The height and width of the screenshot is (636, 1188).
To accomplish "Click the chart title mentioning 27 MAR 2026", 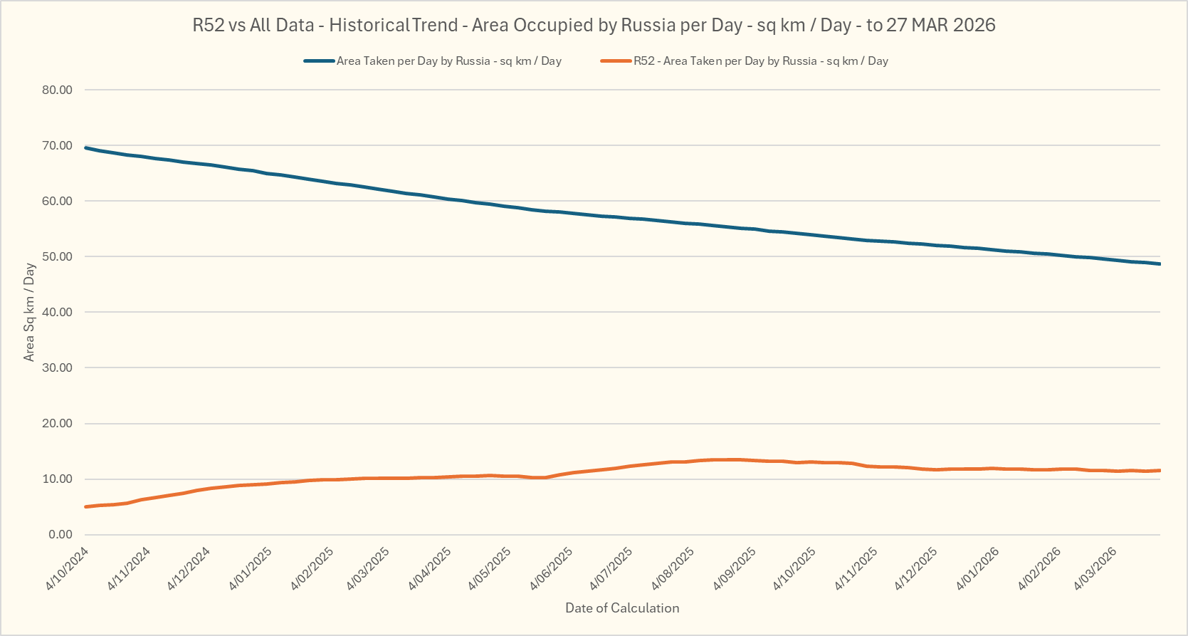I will [x=594, y=26].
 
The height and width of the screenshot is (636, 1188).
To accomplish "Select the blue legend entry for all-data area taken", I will [x=448, y=61].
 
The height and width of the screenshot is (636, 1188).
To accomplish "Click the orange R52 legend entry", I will [x=760, y=61].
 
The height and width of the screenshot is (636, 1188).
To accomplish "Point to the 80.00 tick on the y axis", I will [x=58, y=90].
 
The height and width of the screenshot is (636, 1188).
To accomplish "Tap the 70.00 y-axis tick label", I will [x=58, y=145].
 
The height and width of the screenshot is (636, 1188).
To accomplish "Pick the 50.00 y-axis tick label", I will [x=58, y=256].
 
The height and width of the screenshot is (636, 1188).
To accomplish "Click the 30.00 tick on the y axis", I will [x=58, y=367].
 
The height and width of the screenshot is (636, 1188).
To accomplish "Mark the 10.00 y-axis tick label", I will [x=58, y=479].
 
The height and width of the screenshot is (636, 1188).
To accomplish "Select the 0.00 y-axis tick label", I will [x=61, y=534].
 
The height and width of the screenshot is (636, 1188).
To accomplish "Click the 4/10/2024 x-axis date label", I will [x=68, y=568].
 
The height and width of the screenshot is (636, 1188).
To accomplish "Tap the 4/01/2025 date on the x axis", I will [x=251, y=568].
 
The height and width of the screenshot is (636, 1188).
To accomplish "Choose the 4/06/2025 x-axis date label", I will [x=552, y=568].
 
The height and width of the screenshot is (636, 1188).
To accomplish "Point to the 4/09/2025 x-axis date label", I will [x=735, y=568].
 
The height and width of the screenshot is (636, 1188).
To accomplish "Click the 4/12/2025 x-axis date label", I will [x=916, y=568].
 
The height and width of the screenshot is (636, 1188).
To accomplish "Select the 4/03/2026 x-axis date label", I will [x=1095, y=568].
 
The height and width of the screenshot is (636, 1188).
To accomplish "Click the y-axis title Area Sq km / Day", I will [x=29, y=312].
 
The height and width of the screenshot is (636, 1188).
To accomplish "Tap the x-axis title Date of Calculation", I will [x=622, y=608].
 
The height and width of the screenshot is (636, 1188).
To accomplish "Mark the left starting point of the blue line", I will [x=85, y=147].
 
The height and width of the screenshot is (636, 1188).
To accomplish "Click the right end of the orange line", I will [x=1160, y=470].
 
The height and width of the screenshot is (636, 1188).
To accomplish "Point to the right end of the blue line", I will [x=1160, y=264].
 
